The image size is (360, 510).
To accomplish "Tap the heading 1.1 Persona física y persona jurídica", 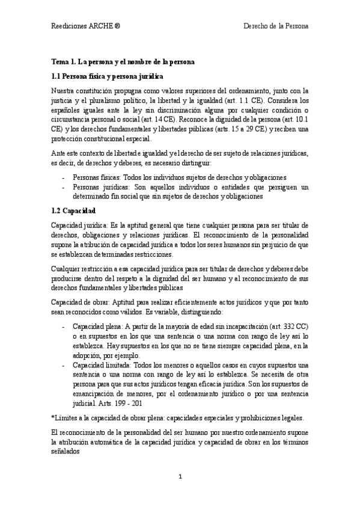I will (107, 76).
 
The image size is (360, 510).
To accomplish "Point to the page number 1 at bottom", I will (180, 477).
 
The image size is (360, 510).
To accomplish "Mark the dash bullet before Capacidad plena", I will (64, 327).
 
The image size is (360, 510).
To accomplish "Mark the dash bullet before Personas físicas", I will (64, 177).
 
